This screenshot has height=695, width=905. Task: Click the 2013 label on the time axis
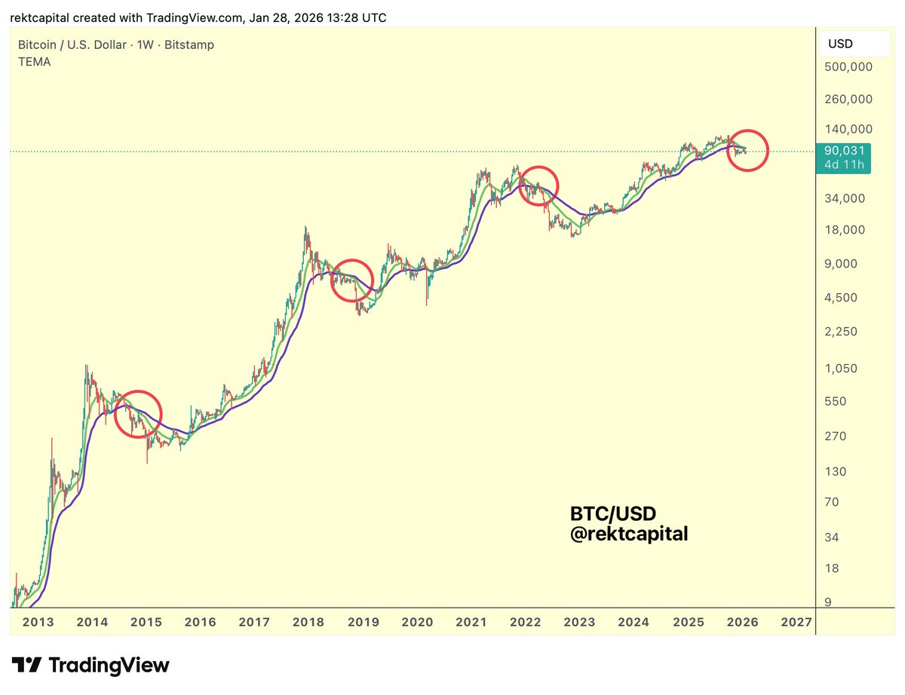(38, 622)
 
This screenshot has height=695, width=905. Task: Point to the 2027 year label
(796, 622)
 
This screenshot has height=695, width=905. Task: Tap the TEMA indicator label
(35, 62)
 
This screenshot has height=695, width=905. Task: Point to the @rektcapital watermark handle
(629, 534)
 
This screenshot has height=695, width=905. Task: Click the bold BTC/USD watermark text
(612, 514)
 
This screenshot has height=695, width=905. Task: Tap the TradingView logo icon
(29, 665)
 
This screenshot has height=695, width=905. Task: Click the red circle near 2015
(138, 414)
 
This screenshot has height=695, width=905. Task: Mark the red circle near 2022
(538, 185)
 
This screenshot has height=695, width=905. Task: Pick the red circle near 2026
(747, 149)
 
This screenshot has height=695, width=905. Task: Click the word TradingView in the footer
(109, 665)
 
